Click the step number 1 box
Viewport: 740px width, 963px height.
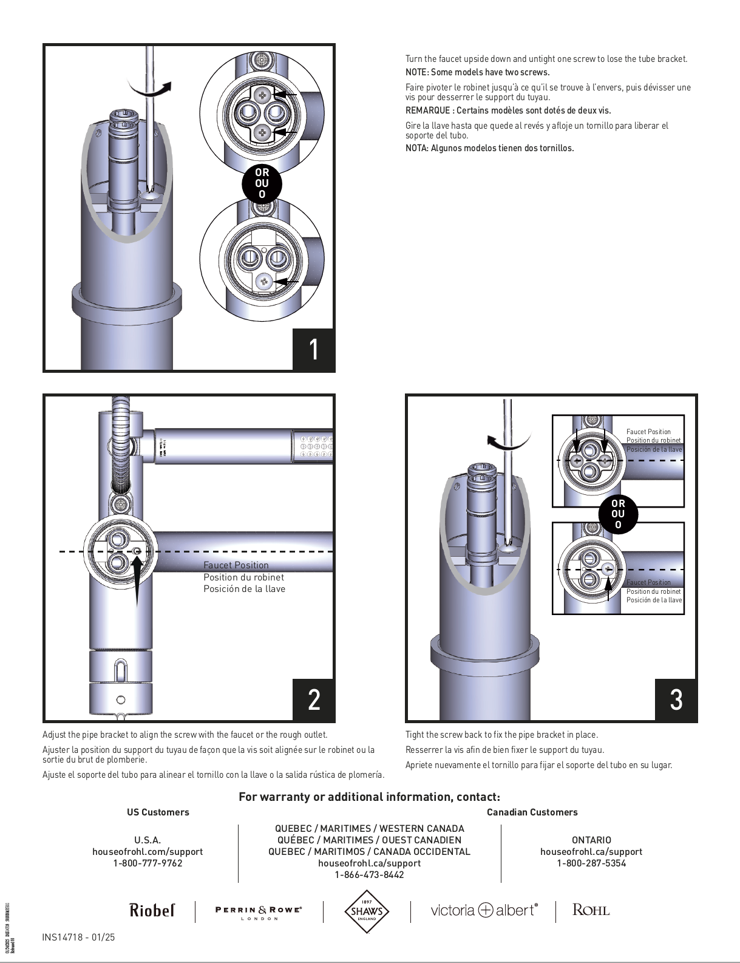[x=313, y=349]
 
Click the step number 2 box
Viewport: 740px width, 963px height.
[x=313, y=699]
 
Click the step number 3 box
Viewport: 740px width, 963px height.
[x=676, y=699]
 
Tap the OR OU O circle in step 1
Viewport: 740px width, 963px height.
[x=262, y=183]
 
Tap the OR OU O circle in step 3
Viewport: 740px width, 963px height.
[x=618, y=514]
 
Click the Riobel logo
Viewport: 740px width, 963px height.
[x=152, y=910]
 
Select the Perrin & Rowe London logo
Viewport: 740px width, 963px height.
[x=259, y=912]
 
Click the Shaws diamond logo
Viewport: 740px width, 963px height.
[x=367, y=911]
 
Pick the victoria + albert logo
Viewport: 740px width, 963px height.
[x=484, y=910]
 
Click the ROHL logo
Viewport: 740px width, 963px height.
[x=591, y=910]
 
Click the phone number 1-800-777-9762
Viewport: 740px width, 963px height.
[x=148, y=863]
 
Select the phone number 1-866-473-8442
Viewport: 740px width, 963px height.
[x=369, y=875]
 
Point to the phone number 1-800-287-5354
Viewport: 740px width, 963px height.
[x=591, y=863]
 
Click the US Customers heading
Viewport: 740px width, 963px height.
[x=158, y=812]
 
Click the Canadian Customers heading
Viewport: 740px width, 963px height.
[x=532, y=812]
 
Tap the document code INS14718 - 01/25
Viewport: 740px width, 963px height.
[x=78, y=937]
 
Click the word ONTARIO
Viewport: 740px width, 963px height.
[x=591, y=840]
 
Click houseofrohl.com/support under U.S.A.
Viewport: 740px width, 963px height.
[x=148, y=852]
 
